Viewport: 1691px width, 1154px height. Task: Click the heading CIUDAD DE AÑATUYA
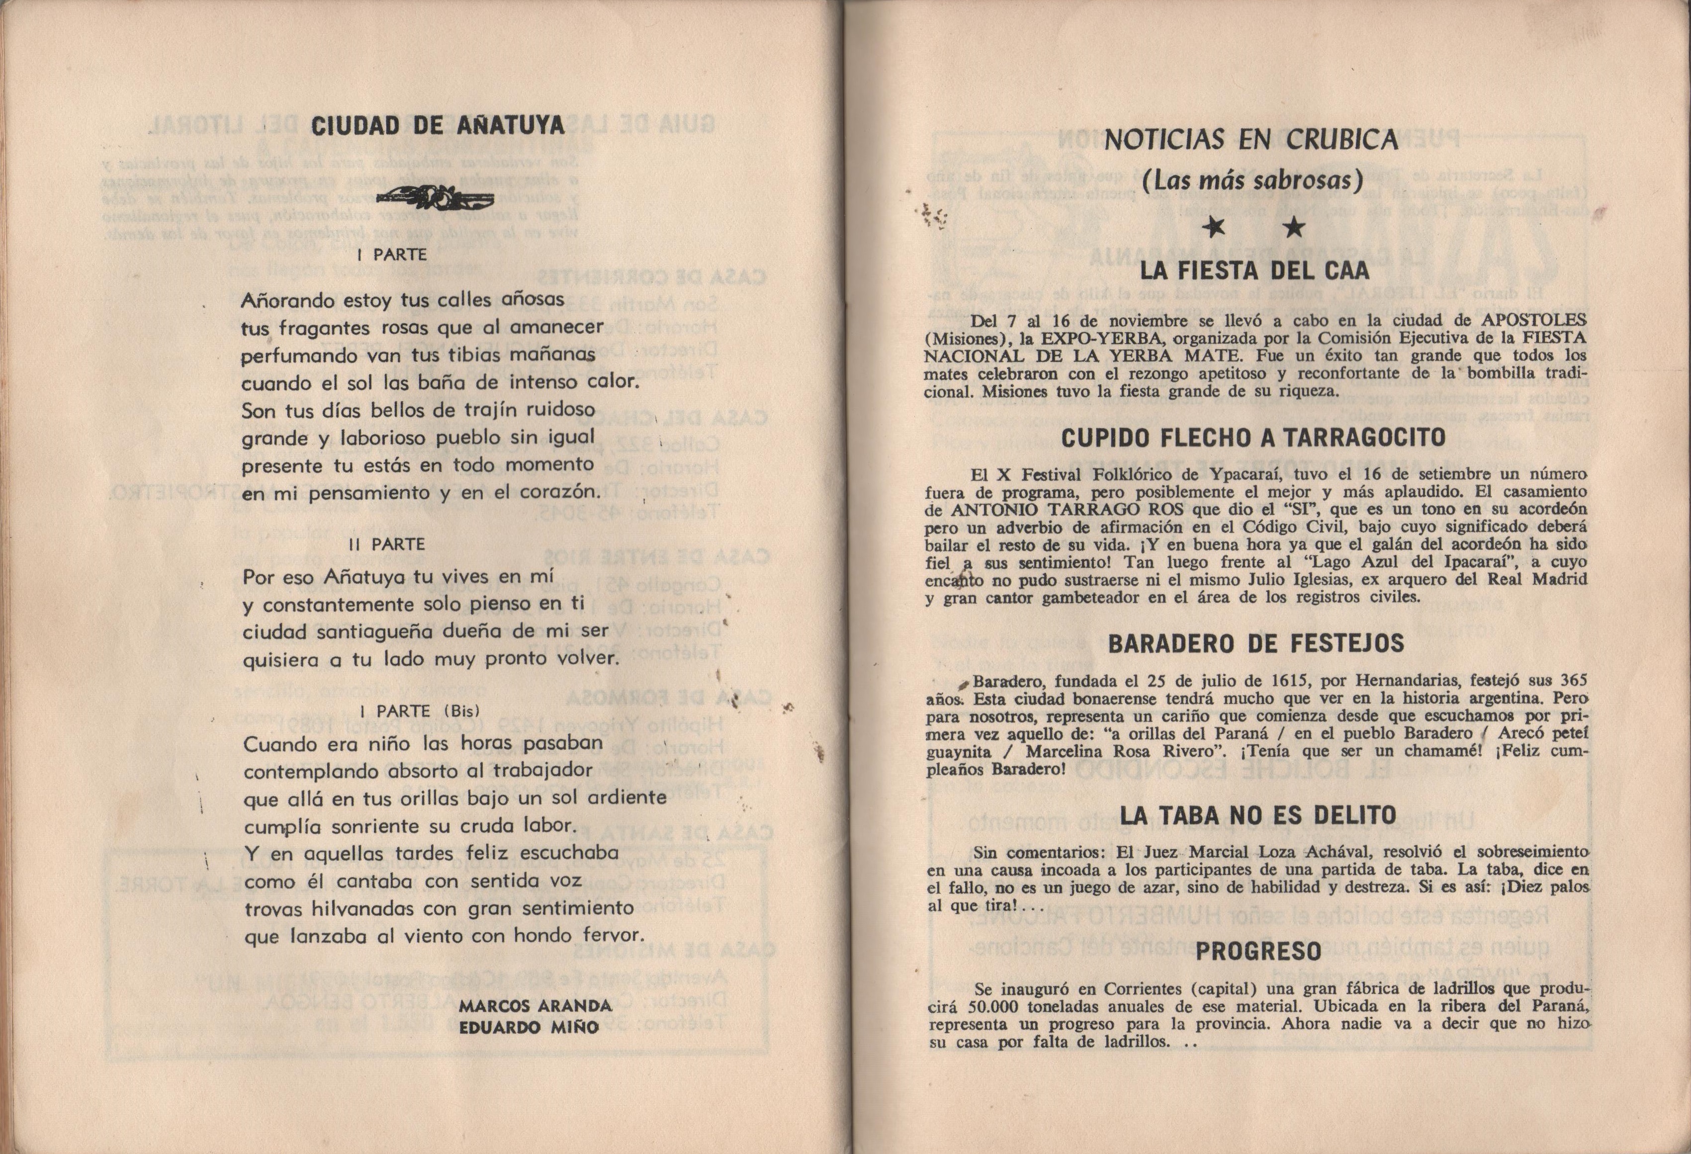[438, 126]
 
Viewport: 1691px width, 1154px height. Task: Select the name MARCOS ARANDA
[535, 1006]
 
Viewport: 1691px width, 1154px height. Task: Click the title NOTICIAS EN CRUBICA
[1251, 140]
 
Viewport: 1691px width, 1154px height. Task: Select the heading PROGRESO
[1258, 951]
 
